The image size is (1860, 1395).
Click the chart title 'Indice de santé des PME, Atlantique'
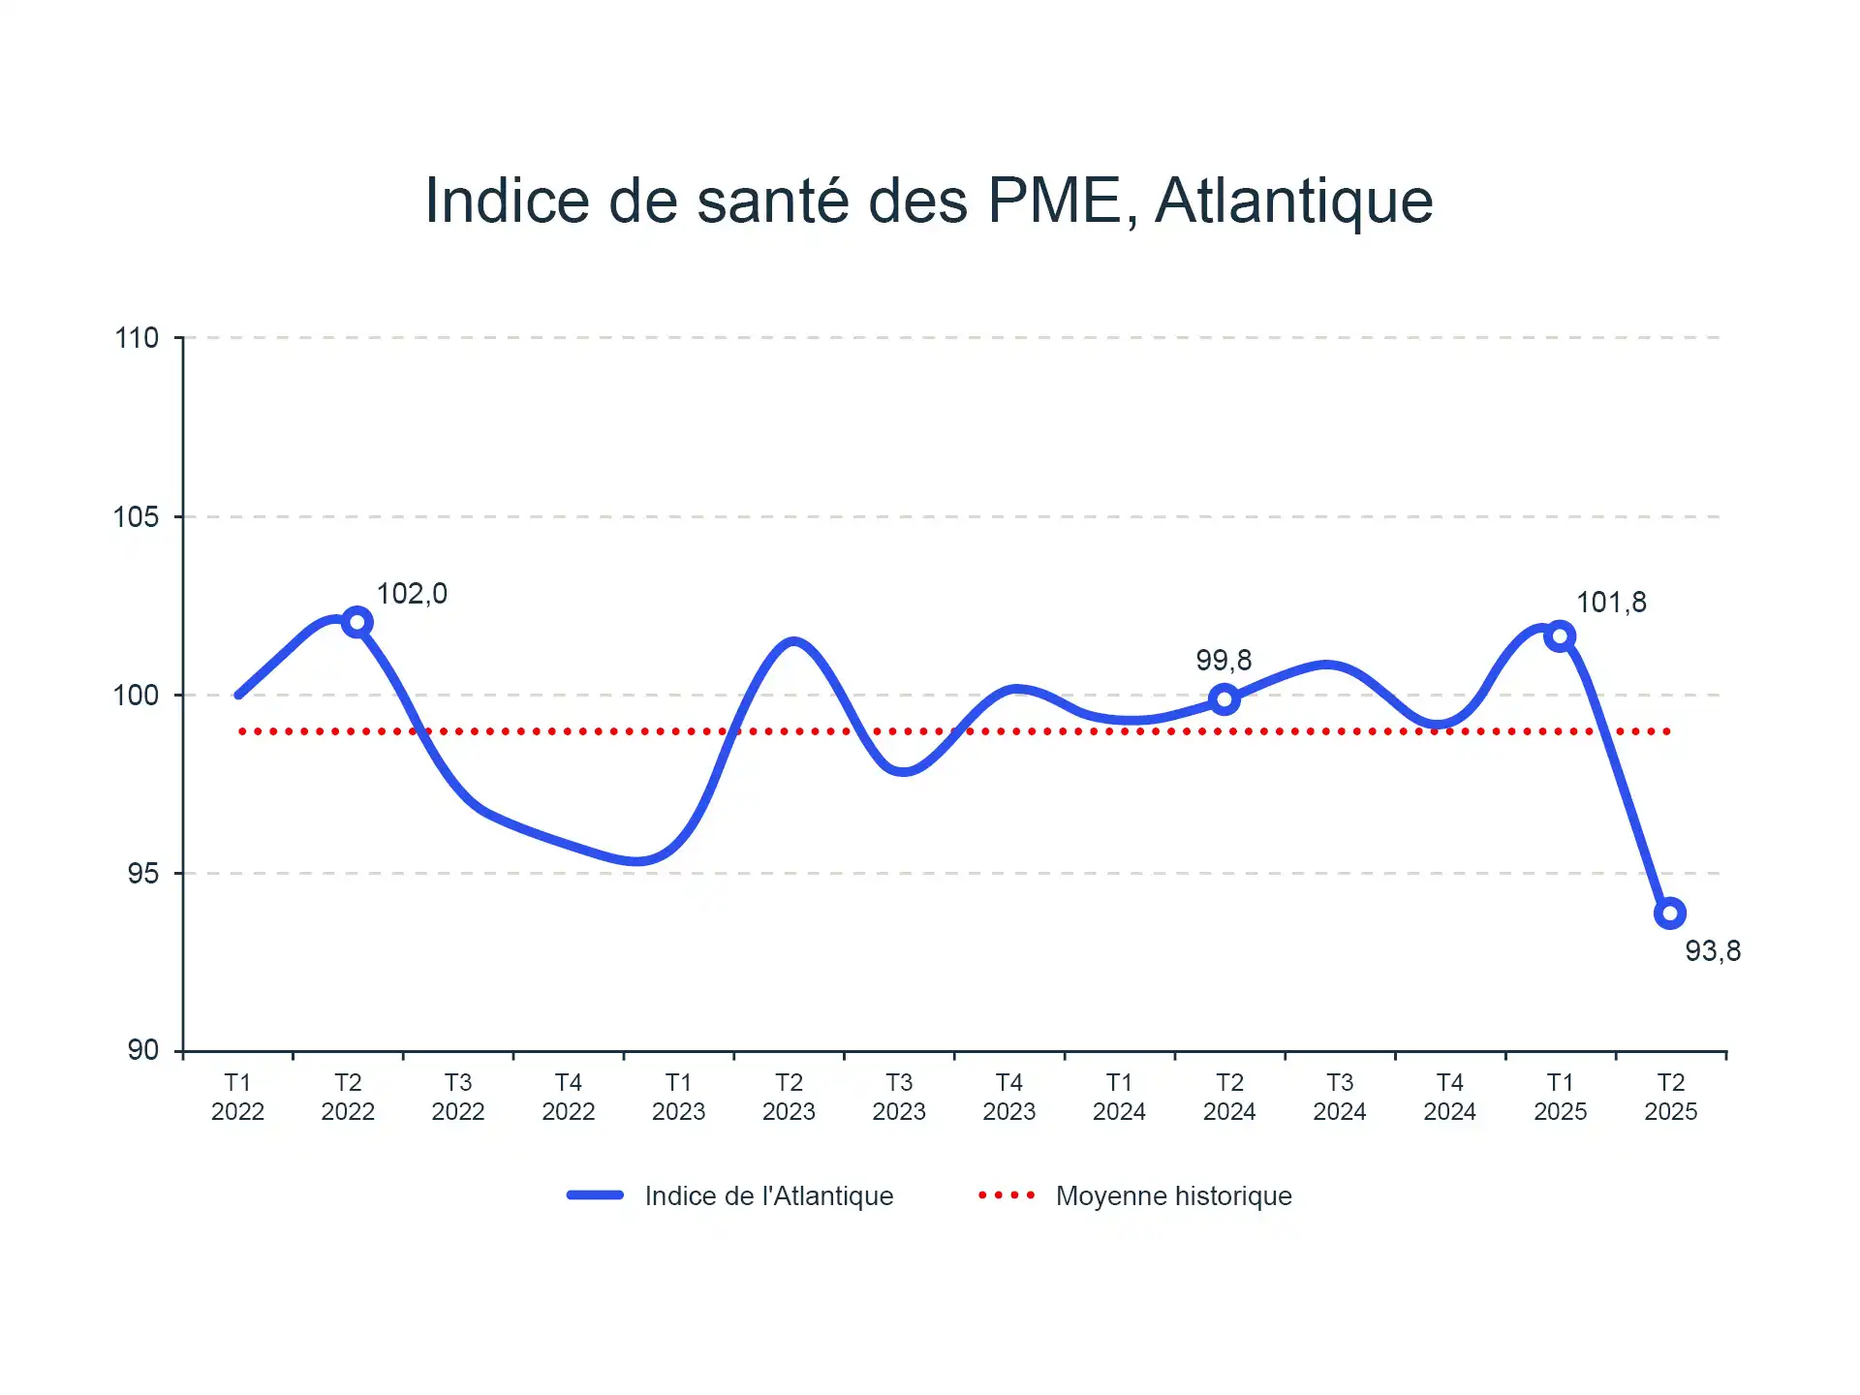(929, 201)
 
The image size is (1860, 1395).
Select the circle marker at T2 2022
(357, 622)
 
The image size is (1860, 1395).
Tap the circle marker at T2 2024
(1224, 698)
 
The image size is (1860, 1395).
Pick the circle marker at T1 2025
(1560, 636)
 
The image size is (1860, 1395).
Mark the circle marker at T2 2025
(1670, 913)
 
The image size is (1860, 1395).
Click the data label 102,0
(412, 594)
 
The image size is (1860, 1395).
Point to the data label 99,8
(1224, 661)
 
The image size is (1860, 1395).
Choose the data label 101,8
(1611, 603)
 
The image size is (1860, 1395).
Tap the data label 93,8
(1713, 951)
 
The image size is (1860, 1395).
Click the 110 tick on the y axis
(137, 338)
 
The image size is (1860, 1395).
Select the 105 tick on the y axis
(137, 517)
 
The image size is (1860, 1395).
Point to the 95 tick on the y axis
(142, 874)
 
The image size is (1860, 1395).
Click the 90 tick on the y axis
(142, 1050)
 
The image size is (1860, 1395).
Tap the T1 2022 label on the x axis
(237, 1097)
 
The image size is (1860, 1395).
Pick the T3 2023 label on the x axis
(899, 1097)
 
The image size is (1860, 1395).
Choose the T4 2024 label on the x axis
(1449, 1097)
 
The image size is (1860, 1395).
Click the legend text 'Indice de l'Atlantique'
(769, 1196)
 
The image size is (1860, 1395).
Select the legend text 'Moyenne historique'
(1173, 1196)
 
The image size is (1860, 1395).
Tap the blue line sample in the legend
(595, 1195)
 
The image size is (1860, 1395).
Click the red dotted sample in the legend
(1007, 1195)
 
